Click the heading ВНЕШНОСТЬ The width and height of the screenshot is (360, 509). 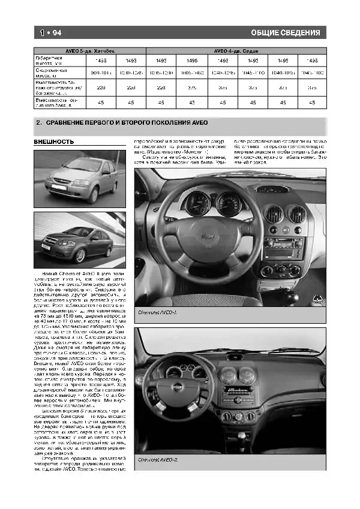[x=54, y=142]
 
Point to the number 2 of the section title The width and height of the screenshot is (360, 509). [x=39, y=123]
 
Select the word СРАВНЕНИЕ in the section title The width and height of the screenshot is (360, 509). [x=67, y=123]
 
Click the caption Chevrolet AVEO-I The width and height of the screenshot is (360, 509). [x=155, y=313]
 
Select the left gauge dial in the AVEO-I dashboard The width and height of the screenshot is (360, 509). [x=197, y=204]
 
